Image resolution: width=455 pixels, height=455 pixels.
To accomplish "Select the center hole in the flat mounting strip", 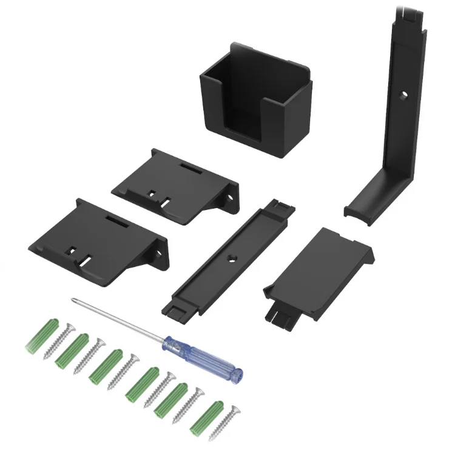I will click(231, 258).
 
